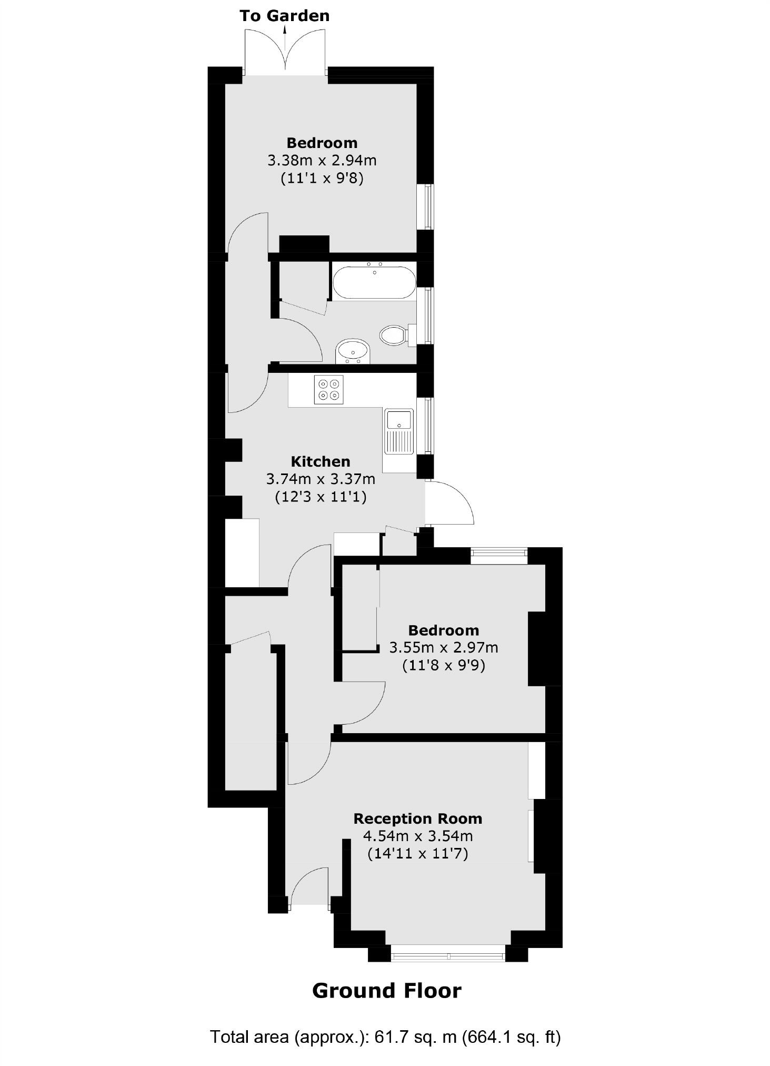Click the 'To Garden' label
284,16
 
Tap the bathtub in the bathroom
374,283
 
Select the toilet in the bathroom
393,335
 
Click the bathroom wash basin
353,350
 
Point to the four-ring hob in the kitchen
328,390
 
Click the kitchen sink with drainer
399,431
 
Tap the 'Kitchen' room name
321,461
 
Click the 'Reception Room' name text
417,818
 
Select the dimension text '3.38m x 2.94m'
322,160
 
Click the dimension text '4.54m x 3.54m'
417,836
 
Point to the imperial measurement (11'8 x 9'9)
443,665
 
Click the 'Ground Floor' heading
387,991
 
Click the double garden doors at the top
285,53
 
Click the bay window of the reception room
448,954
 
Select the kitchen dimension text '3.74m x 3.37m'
321,479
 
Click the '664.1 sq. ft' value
511,1037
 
